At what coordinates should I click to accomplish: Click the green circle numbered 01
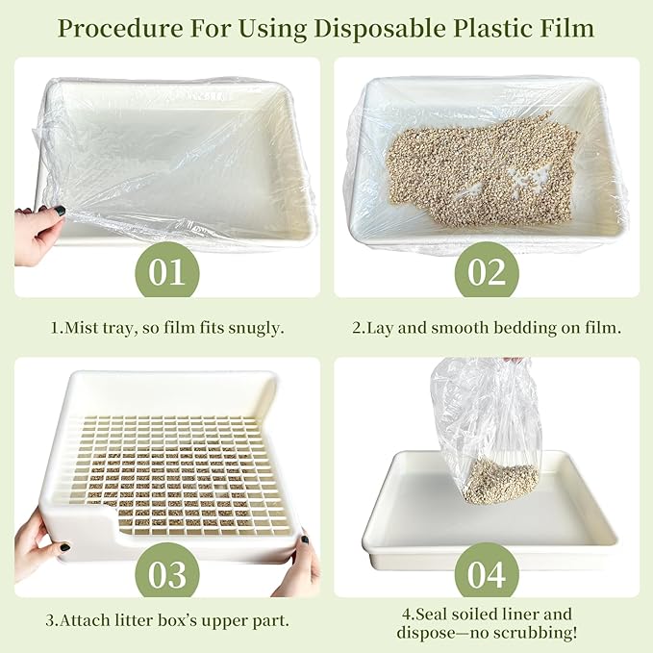pyautogui.click(x=166, y=273)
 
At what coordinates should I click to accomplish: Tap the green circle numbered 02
pyautogui.click(x=487, y=273)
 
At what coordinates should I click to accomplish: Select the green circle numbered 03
pyautogui.click(x=166, y=574)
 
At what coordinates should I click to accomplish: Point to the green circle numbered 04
pyautogui.click(x=487, y=574)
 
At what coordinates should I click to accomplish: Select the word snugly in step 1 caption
pyautogui.click(x=255, y=328)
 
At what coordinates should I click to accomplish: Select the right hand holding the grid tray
pyautogui.click(x=298, y=567)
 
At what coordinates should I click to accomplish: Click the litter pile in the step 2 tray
pyautogui.click(x=481, y=168)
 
